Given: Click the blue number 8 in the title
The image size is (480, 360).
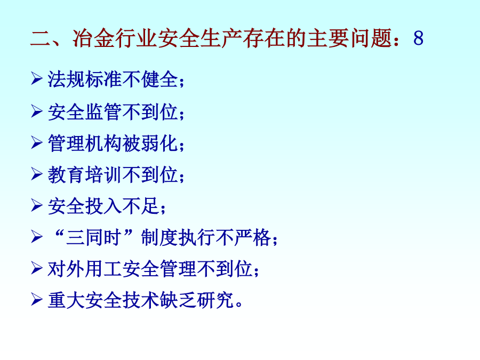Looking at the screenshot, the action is pyautogui.click(x=418, y=38).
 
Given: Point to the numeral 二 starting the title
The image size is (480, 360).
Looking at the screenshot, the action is pyautogui.click(x=41, y=39).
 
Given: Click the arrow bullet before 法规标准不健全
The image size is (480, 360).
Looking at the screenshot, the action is pyautogui.click(x=36, y=78).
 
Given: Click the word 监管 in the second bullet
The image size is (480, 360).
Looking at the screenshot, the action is pyautogui.click(x=103, y=112).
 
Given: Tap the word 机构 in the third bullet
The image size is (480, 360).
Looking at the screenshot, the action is pyautogui.click(x=103, y=143).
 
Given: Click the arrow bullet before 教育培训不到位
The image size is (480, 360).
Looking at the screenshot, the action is pyautogui.click(x=36, y=174).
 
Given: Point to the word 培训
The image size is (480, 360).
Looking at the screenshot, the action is pyautogui.click(x=103, y=175).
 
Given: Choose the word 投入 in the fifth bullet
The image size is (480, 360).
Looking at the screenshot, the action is pyautogui.click(x=103, y=206).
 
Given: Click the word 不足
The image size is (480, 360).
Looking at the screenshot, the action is pyautogui.click(x=141, y=206).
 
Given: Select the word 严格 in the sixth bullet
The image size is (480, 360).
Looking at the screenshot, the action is pyautogui.click(x=253, y=237).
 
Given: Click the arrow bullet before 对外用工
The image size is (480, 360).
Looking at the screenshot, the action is pyautogui.click(x=36, y=268).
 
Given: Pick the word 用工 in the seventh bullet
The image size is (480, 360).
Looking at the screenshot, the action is pyautogui.click(x=103, y=269).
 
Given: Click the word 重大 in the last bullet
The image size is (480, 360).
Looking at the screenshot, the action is pyautogui.click(x=66, y=300).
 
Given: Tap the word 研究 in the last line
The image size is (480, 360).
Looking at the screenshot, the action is pyautogui.click(x=215, y=300).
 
